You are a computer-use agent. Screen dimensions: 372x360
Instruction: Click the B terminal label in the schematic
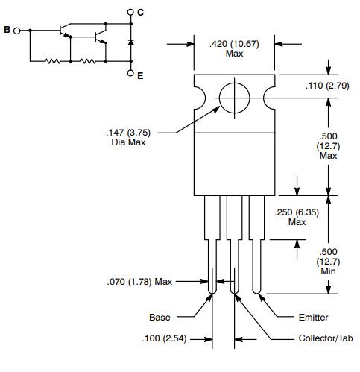point(7,31)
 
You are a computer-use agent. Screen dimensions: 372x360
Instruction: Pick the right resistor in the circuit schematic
point(88,62)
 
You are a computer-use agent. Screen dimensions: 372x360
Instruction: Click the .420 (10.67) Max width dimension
point(233,48)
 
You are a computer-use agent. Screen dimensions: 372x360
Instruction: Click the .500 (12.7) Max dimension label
point(328,145)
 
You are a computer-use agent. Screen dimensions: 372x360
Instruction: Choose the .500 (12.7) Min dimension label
point(328,262)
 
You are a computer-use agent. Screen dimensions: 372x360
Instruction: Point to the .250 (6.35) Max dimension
point(297,217)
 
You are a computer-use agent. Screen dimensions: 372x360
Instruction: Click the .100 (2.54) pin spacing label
point(165,339)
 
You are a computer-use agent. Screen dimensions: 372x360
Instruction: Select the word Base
point(160,318)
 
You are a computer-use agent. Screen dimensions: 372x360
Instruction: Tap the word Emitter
point(313,318)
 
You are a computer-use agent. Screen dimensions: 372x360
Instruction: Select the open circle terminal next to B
point(28,31)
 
